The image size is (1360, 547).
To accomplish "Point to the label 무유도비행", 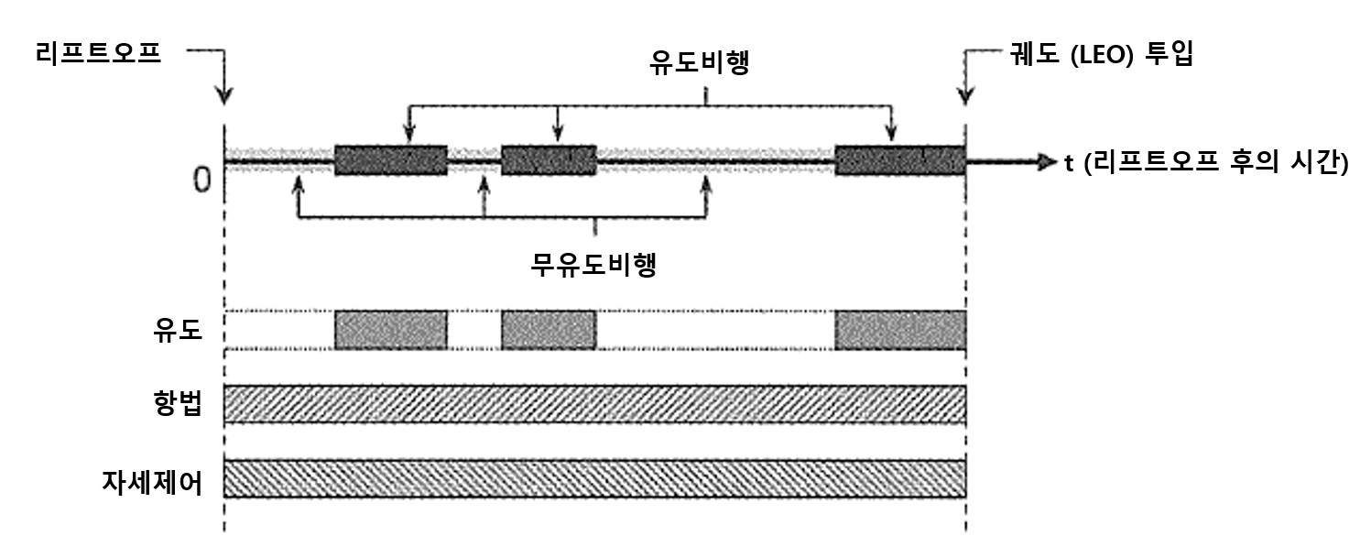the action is point(595,266).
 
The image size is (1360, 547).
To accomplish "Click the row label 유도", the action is point(178,330).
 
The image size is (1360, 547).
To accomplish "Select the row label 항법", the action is point(178,404).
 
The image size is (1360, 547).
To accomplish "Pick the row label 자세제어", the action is point(152,478).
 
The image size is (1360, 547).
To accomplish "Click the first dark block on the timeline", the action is point(391,161).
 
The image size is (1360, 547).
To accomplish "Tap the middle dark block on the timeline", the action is point(549,161).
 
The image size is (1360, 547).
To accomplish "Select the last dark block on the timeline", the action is point(900,161).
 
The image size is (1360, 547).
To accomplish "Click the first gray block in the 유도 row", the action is point(391,330).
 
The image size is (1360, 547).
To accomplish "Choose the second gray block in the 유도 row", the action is point(549,330).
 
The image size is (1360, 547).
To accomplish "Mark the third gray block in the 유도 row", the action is point(900,330).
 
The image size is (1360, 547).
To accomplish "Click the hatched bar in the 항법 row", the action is point(594,404).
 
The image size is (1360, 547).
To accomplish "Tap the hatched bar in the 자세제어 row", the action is point(594,478).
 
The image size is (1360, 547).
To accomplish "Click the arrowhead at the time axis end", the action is point(1048,163).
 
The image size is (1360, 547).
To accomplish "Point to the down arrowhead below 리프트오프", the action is point(224,96).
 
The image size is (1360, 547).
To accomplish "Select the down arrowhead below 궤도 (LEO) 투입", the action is point(965,96).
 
